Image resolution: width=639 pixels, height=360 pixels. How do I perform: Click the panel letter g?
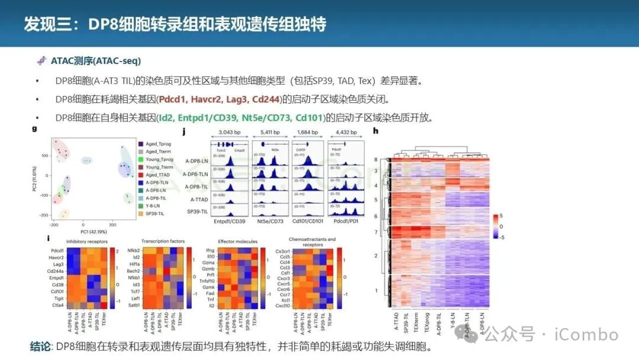[34, 128]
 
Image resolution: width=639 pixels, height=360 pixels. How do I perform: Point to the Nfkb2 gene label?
[133, 250]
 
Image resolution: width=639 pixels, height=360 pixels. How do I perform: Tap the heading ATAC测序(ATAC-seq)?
[95, 61]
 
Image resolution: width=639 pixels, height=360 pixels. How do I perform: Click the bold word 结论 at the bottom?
[41, 346]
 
